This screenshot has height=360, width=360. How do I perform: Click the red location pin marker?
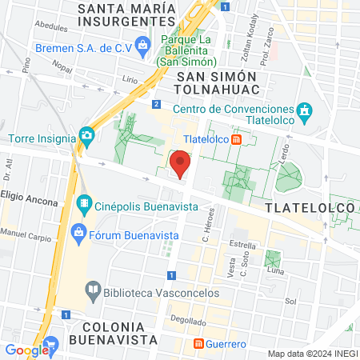click(x=181, y=166)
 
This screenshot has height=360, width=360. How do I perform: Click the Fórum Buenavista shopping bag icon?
click(x=78, y=234)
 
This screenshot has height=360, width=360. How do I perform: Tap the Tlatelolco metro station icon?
click(x=237, y=139)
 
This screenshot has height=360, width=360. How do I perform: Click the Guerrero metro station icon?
click(x=198, y=344)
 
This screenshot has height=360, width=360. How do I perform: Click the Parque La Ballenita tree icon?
click(x=144, y=44)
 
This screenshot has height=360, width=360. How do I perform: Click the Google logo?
click(x=26, y=350)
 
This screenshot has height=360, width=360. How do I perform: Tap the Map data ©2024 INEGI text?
click(x=311, y=354)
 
